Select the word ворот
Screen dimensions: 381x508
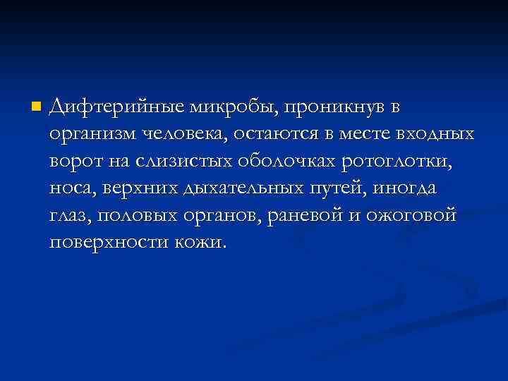[x=75, y=162]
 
